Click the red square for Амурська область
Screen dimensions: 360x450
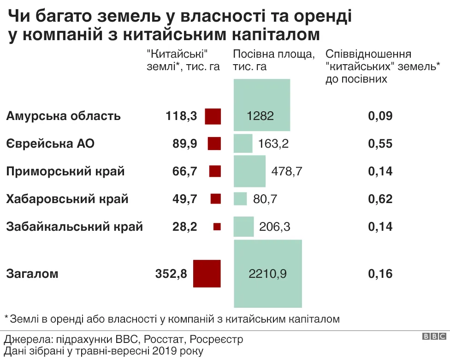pos(213,116)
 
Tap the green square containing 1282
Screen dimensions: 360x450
pos(261,105)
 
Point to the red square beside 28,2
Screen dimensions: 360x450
pos(217,227)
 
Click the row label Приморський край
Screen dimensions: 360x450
pos(65,171)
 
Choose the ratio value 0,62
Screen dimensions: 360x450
pos(380,199)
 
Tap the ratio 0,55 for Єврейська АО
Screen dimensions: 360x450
pos(380,144)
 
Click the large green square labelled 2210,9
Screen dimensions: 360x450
pos(268,274)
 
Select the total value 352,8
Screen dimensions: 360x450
pos(172,274)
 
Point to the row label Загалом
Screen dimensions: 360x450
pos(32,274)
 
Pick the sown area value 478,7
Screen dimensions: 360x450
pos(287,171)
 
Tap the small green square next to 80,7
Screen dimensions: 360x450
pos(240,199)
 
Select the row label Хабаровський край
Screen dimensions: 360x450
pos(67,199)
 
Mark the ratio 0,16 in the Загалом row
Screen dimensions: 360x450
pos(380,274)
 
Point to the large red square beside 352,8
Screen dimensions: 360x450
pos(207,274)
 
